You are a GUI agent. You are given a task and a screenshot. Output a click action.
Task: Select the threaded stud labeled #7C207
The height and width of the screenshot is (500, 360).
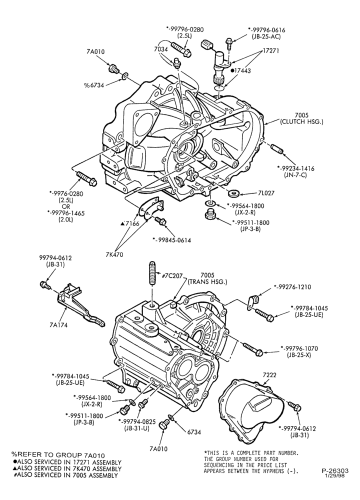[x=152, y=272]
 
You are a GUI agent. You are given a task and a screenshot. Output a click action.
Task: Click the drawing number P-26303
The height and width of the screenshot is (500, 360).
[x=334, y=470]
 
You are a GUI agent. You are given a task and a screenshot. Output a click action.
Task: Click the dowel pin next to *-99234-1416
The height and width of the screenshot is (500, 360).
[x=276, y=148]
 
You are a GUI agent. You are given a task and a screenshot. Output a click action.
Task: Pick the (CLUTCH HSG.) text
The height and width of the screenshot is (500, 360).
[x=301, y=121]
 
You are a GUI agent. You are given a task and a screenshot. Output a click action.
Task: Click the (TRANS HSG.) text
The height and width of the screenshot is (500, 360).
[x=207, y=281]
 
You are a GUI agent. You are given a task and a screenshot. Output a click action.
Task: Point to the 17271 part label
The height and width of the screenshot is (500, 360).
[x=270, y=51]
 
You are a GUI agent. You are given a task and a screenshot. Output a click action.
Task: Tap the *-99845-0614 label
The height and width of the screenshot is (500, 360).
[x=171, y=240]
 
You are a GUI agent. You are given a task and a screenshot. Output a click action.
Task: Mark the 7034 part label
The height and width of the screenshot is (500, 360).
[x=160, y=49]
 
